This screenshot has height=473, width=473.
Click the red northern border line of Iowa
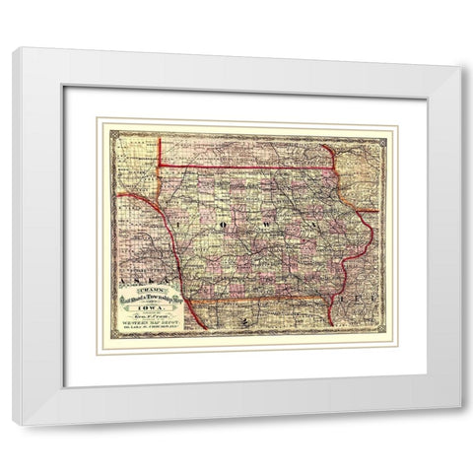(246, 168)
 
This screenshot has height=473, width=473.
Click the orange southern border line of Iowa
(256, 298)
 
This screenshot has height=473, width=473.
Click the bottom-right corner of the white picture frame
(458, 423)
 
